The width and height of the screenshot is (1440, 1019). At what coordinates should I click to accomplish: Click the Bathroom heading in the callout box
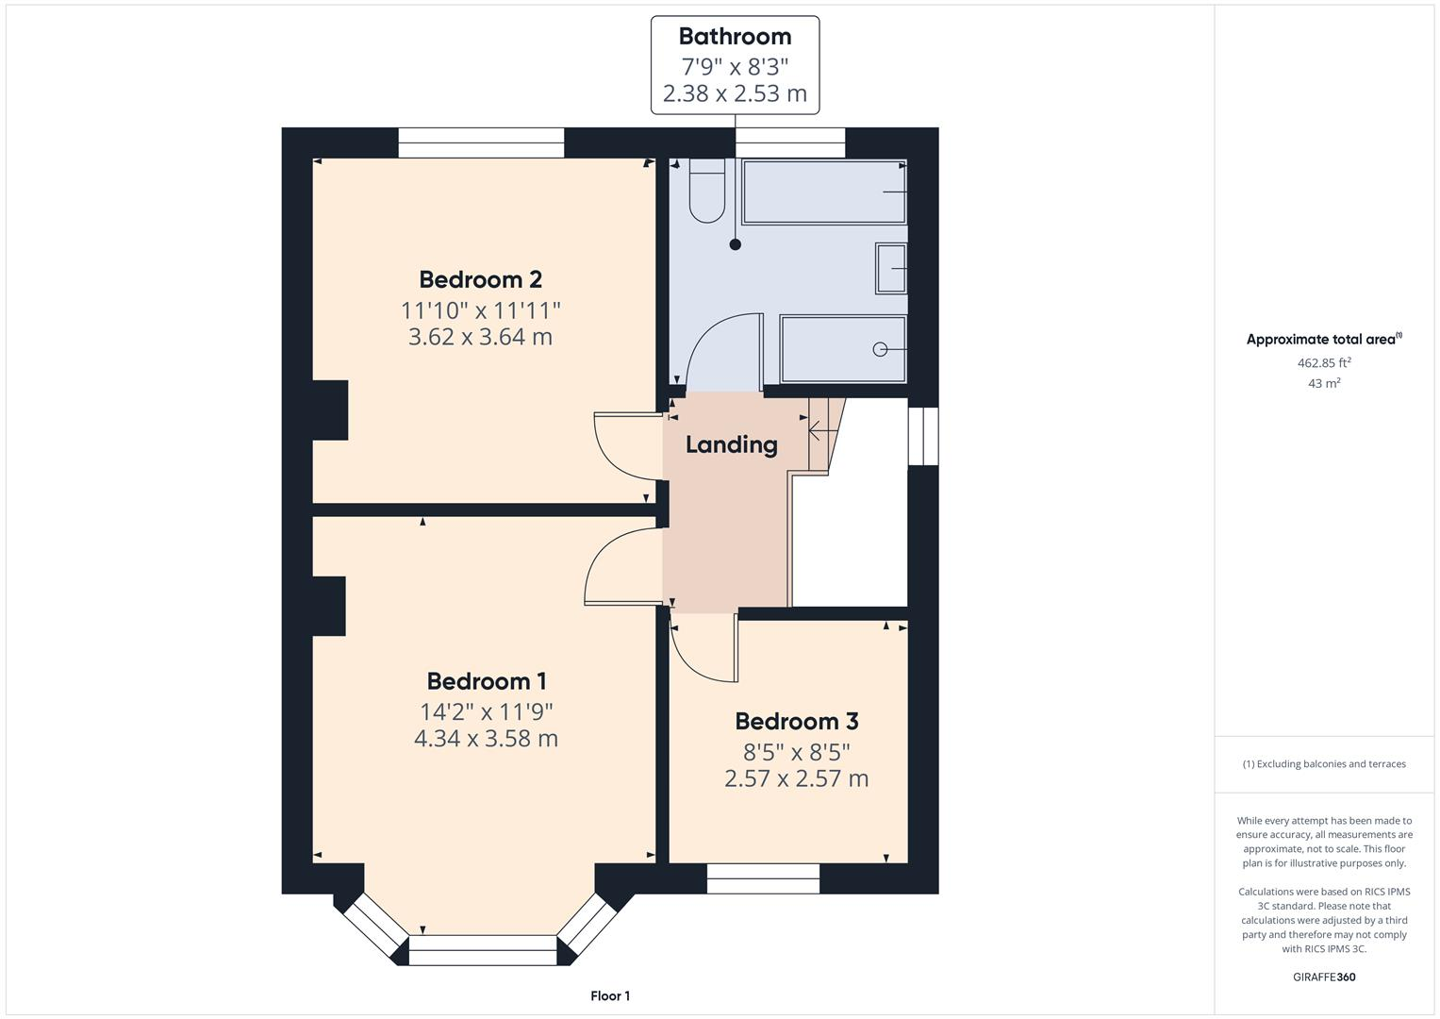point(735,37)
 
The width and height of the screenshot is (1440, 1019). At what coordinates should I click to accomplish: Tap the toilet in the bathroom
point(705,192)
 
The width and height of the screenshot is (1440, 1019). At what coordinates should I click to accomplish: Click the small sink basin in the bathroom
point(890,268)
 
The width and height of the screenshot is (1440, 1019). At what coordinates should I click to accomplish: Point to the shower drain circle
point(880,349)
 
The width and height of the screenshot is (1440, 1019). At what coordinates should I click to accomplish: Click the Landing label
point(731,444)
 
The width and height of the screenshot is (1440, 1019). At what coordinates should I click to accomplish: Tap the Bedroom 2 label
point(480,279)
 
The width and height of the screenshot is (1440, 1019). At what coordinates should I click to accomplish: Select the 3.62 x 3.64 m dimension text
point(480,337)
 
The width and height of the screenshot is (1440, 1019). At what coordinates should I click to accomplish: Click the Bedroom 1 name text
point(486,681)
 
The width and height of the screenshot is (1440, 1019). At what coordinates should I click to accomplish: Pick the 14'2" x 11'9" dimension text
point(486,711)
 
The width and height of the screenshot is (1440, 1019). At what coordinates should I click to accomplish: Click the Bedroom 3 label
point(796,722)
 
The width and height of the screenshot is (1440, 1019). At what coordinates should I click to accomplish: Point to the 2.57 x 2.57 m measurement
point(796,778)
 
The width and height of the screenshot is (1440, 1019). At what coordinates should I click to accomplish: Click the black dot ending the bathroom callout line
point(735,244)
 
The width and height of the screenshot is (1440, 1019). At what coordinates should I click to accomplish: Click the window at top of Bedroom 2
point(480,143)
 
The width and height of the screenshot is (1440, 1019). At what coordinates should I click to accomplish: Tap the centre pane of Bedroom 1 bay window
point(483,950)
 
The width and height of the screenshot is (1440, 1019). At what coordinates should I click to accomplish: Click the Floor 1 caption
point(609,995)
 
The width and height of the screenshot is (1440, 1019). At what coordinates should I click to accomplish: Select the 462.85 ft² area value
point(1324,362)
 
